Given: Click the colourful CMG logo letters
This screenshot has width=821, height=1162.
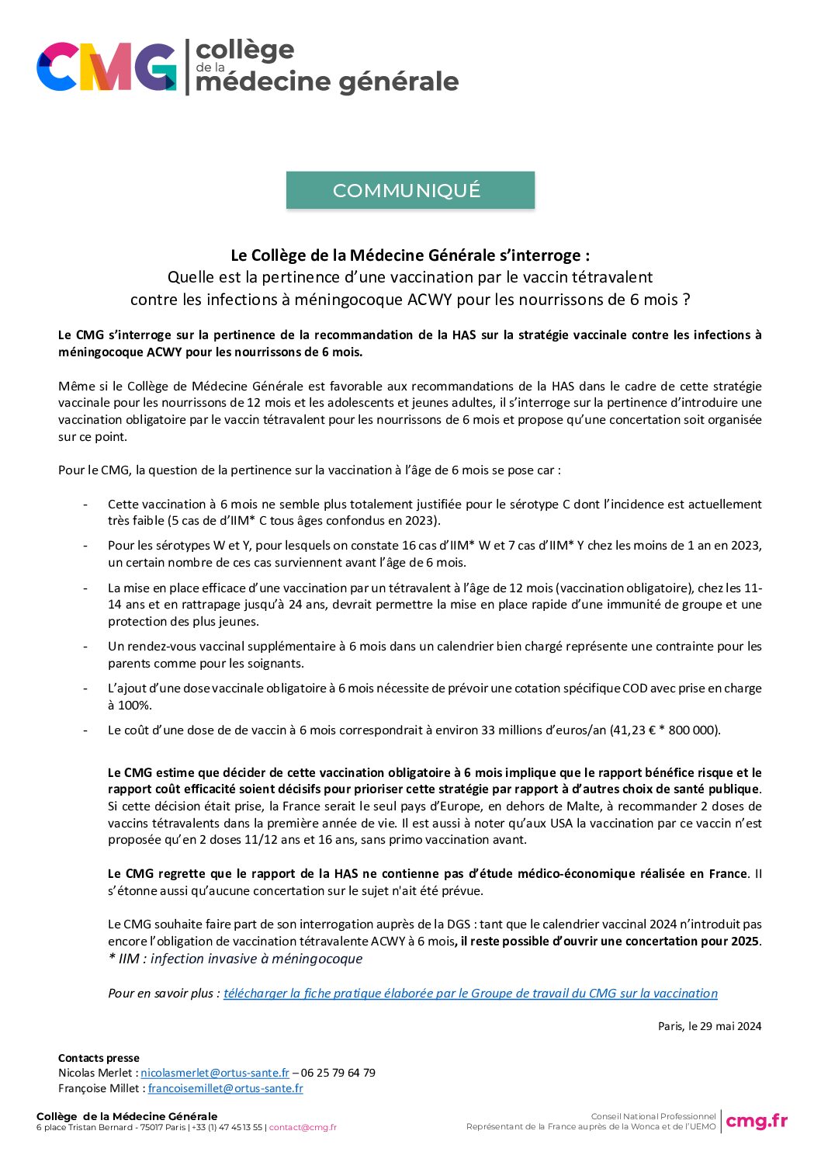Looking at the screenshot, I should pos(106,67).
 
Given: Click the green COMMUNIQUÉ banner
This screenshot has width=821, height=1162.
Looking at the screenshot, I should pos(410,190).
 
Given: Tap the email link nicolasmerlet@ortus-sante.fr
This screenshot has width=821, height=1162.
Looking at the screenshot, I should pos(215,1073).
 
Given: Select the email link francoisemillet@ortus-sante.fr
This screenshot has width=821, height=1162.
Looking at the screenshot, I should pos(225,1088).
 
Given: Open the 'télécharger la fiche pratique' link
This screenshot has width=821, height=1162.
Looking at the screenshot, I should pos(470,993).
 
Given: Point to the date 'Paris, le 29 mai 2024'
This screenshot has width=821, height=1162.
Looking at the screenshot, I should pos(709,1026).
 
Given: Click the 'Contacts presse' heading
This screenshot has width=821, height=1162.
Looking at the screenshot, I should pos(99,1058).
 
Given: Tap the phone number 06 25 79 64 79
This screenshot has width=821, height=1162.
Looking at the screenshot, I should pos(338,1073).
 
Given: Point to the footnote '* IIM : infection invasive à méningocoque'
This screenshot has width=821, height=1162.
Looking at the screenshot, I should pos(235,959).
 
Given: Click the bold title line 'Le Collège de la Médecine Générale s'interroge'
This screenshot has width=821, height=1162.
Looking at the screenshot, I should pos(410,255).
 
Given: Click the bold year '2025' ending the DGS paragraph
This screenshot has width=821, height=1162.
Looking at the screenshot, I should pos(744,941).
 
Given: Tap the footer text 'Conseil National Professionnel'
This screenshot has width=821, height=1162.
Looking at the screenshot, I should pos(653,1116).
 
